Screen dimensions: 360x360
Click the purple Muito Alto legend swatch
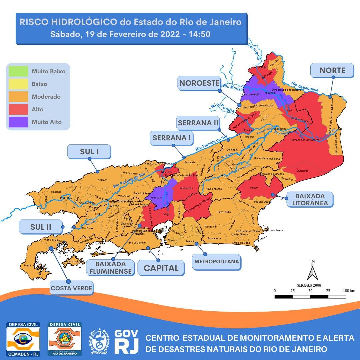click(x=19, y=122)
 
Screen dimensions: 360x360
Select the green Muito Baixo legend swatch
click(x=19, y=71)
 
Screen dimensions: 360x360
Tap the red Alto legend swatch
click(x=19, y=109)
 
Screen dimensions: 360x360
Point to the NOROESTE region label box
click(x=199, y=83)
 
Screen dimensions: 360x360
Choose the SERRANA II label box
click(x=198, y=123)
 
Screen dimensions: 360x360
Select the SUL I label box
click(x=89, y=152)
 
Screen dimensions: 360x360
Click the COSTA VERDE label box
click(x=71, y=288)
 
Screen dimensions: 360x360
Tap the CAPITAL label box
click(x=161, y=268)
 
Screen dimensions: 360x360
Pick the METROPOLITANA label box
click(x=217, y=261)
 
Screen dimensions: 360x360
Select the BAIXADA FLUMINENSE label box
click(x=110, y=268)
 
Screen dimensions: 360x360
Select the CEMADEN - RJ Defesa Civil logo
click(x=23, y=338)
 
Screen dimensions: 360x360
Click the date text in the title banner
click(x=130, y=34)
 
